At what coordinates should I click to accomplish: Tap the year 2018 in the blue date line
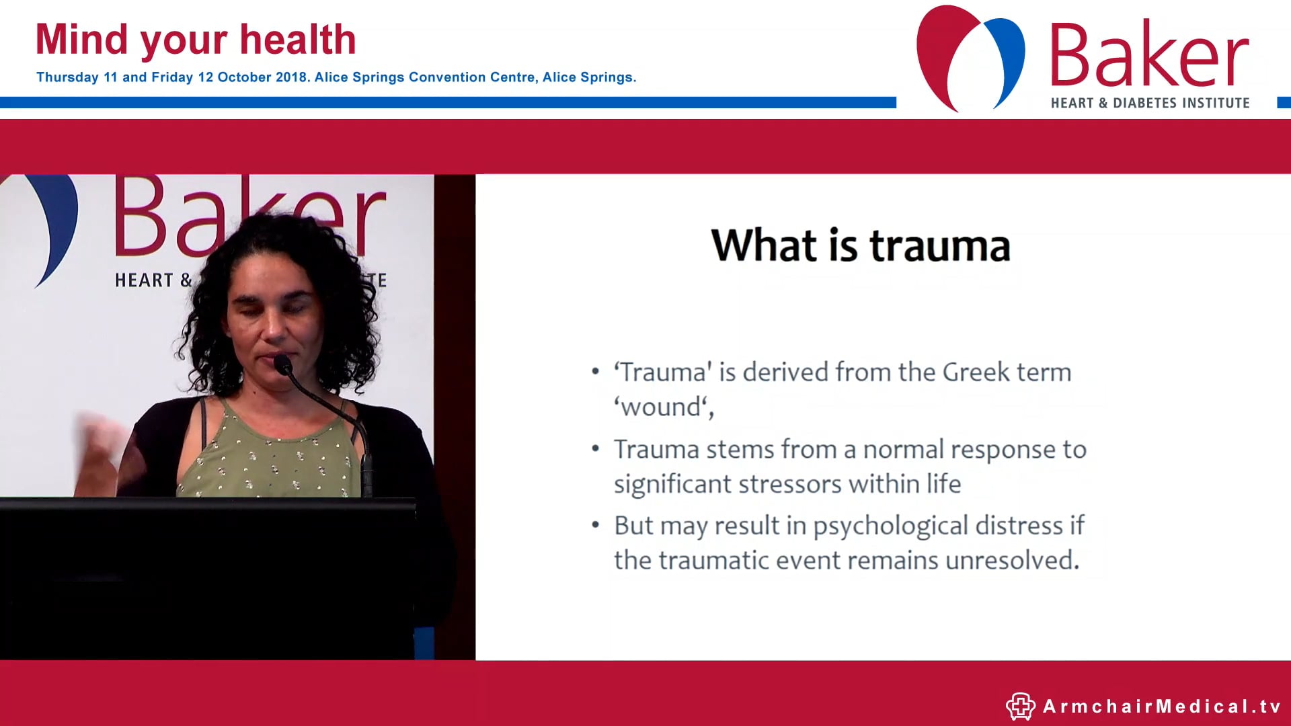[291, 77]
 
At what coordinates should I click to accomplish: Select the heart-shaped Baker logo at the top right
[970, 57]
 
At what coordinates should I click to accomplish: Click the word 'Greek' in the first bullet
[976, 372]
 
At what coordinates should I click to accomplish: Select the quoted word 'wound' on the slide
[662, 407]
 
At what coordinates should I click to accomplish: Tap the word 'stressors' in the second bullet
[790, 484]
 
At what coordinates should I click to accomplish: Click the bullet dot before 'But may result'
[595, 525]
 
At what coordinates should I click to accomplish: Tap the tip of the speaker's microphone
[282, 365]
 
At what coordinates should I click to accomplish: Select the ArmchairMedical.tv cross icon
[1020, 707]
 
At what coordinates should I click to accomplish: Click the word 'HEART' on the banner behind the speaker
[143, 280]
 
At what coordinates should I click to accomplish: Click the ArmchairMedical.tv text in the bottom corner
[1161, 707]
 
